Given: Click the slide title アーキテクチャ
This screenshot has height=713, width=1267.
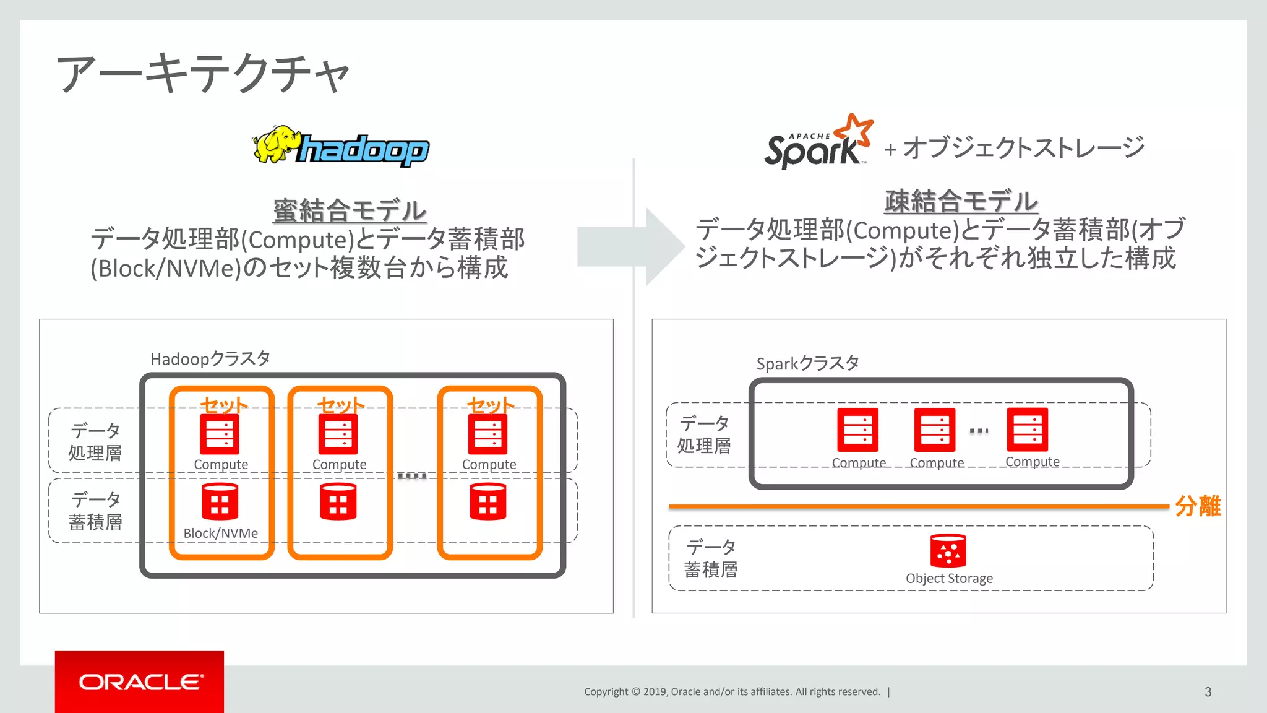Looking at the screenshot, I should pyautogui.click(x=203, y=73).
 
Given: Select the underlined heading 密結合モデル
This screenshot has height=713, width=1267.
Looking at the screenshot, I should pyautogui.click(x=350, y=210).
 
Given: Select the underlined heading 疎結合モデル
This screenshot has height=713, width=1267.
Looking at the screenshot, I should pyautogui.click(x=960, y=201).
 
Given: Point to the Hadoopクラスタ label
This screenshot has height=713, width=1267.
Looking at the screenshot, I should pyautogui.click(x=210, y=359).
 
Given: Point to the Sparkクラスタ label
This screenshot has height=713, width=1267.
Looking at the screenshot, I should pyautogui.click(x=807, y=363).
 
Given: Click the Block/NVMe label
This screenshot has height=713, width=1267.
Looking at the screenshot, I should pyautogui.click(x=221, y=533).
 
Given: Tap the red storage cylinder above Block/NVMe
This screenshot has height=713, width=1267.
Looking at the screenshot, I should pyautogui.click(x=220, y=501).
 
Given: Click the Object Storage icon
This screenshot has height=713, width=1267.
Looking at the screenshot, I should pyautogui.click(x=948, y=550).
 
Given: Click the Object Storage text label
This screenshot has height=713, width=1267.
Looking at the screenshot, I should pyautogui.click(x=949, y=578).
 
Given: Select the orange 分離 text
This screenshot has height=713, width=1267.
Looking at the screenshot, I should pyautogui.click(x=1198, y=506).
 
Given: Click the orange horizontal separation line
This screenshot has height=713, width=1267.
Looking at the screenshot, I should pyautogui.click(x=916, y=506).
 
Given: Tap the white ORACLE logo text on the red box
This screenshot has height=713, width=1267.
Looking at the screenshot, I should pyautogui.click(x=140, y=682).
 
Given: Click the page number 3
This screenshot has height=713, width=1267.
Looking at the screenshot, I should pyautogui.click(x=1208, y=692).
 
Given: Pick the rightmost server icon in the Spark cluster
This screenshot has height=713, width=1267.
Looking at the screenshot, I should pyautogui.click(x=1027, y=429).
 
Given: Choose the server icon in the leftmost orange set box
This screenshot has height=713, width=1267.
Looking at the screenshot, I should pyautogui.click(x=220, y=434).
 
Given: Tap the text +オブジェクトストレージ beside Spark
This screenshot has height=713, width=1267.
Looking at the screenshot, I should pyautogui.click(x=1015, y=148).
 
